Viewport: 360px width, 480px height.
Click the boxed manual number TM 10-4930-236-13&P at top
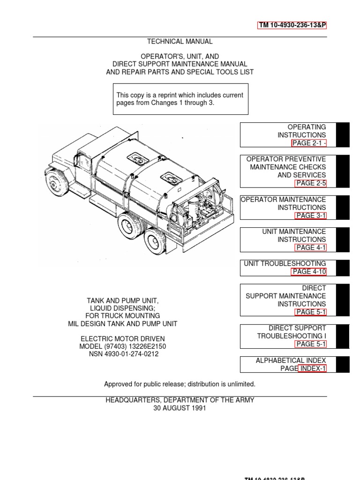coord(292,26)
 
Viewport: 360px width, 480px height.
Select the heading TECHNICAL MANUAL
coord(180,42)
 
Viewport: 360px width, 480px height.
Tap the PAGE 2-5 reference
coord(310,183)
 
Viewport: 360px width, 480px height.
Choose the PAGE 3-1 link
coord(310,215)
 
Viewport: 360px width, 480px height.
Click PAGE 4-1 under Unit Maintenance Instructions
coord(310,247)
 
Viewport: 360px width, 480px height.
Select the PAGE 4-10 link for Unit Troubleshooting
coord(309,271)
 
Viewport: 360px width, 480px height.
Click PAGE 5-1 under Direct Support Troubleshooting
coord(310,344)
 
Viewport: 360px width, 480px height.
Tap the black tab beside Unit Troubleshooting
coord(343,268)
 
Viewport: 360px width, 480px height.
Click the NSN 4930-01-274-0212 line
coord(123,354)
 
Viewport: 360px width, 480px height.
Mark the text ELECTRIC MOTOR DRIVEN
coord(123,338)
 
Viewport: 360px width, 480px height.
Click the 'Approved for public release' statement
coord(180,384)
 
